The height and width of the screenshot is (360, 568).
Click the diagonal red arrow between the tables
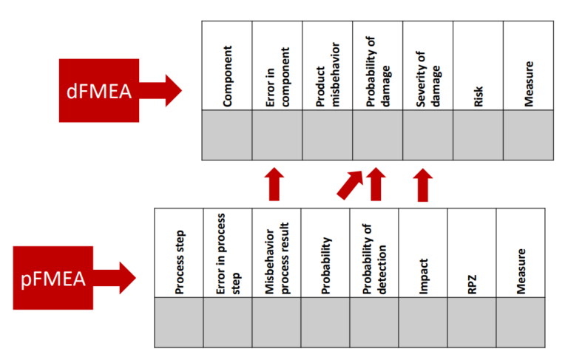pos(349,184)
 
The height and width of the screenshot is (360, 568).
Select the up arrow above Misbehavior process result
pos(274,184)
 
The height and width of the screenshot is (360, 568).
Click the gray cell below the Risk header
pos(479,135)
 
